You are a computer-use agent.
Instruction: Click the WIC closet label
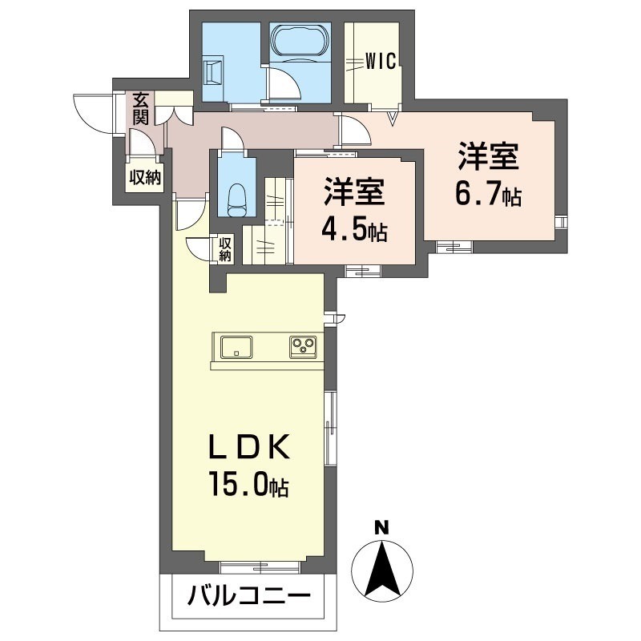point(381,62)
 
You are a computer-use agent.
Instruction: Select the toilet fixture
point(236,197)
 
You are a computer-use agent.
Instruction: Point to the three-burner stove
point(304,347)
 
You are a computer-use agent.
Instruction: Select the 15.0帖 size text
point(248,486)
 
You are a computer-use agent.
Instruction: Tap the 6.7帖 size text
point(489,194)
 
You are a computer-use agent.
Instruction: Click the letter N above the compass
point(382,527)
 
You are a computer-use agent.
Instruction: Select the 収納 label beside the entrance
point(144,178)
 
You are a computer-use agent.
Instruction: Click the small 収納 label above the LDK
point(225,249)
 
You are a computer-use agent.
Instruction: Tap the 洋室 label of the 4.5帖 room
point(353,195)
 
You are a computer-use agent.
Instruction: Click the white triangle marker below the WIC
point(392,119)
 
